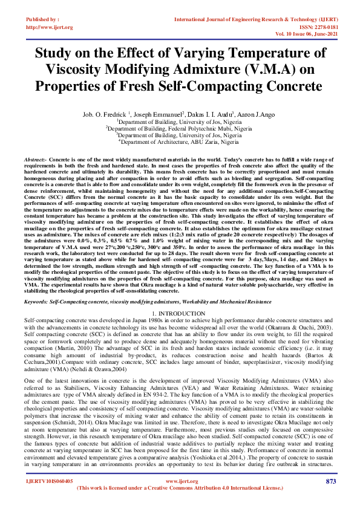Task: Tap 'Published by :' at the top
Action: (x=41, y=20)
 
